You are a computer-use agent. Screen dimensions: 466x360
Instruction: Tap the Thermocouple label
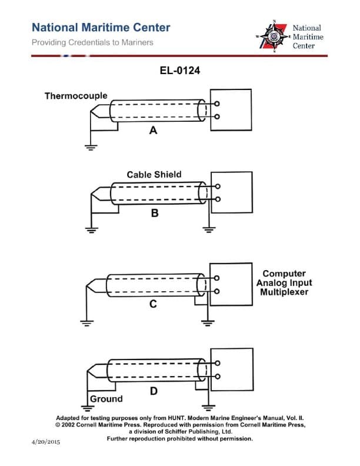[76, 95]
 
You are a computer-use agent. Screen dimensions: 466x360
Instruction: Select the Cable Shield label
[154, 175]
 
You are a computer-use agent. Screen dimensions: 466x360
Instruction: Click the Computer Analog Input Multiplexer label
[284, 283]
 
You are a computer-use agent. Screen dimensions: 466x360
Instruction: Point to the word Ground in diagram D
[106, 399]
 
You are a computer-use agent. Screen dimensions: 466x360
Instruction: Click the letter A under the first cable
[153, 131]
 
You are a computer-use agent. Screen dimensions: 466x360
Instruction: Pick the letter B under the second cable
[154, 214]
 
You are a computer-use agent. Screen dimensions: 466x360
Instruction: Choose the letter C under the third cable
[152, 304]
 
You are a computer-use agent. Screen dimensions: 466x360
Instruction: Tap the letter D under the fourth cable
[152, 390]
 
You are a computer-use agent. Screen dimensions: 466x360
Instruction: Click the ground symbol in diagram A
[90, 147]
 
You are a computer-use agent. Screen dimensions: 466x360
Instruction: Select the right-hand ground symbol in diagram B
[207, 229]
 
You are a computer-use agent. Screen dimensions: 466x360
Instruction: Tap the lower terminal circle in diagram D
[217, 377]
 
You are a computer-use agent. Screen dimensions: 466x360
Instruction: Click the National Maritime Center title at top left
[101, 28]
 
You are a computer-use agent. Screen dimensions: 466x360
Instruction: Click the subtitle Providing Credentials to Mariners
[92, 42]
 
